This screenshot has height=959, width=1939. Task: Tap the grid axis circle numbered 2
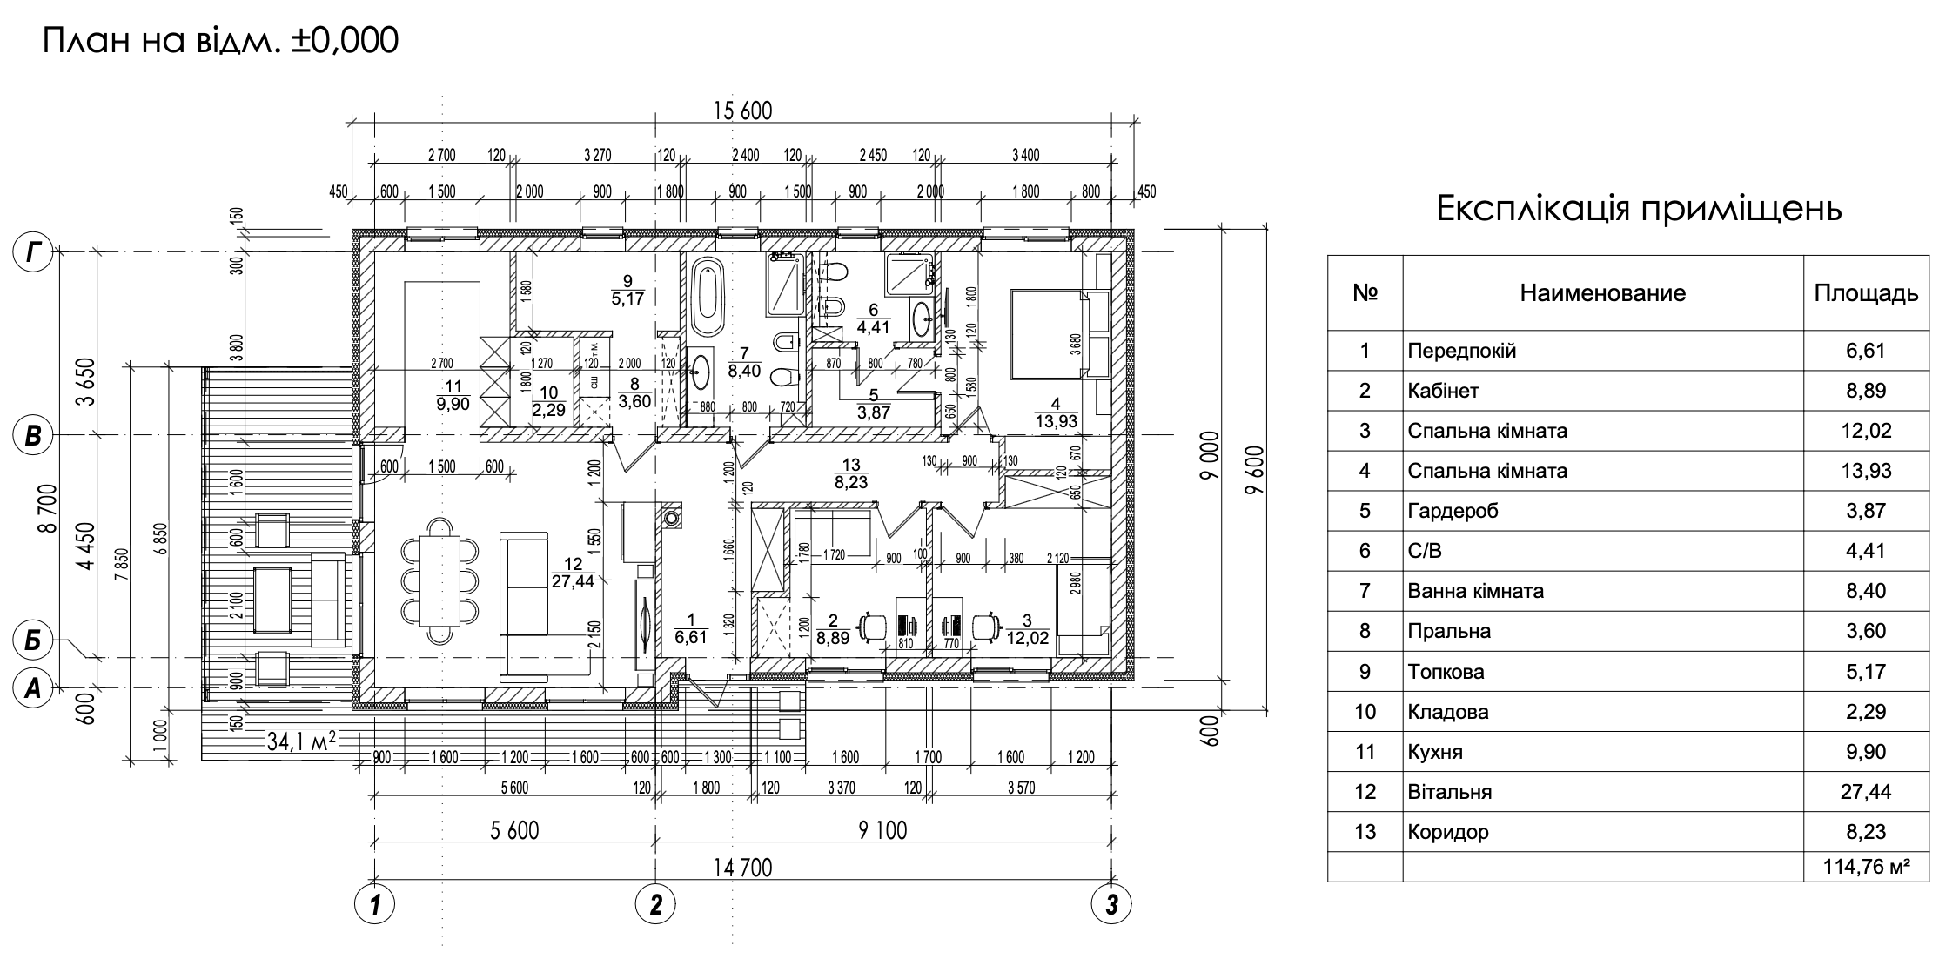pos(655,905)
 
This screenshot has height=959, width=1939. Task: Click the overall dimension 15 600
pos(742,111)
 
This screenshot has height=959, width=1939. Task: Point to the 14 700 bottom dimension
pos(742,868)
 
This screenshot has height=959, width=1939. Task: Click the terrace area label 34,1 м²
pos(302,742)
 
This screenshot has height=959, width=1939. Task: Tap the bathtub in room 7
pos(707,296)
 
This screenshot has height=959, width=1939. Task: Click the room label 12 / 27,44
pos(573,573)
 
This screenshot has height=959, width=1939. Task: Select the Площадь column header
pos(1866,293)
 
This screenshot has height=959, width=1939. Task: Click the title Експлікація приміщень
pos(1639,210)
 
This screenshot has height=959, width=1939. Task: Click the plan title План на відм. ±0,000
pos(220,39)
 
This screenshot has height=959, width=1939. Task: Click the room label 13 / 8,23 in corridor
pos(851,473)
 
